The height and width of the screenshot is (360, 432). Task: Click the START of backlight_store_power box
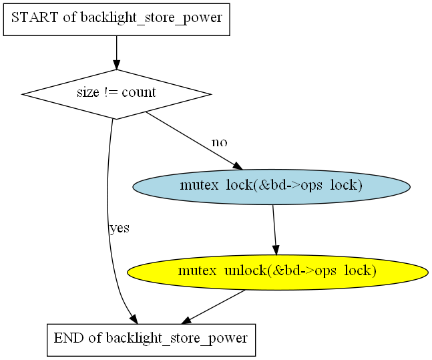tap(117, 19)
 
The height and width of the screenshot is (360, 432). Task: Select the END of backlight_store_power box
tap(152, 340)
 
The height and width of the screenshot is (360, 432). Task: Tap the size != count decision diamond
tap(117, 94)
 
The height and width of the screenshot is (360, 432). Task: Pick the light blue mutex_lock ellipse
tap(272, 187)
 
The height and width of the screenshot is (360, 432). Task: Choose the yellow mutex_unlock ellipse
tap(278, 273)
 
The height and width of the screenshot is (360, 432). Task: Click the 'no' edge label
tap(220, 142)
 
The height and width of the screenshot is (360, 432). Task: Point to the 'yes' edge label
tap(120, 228)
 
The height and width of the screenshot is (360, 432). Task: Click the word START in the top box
tap(35, 17)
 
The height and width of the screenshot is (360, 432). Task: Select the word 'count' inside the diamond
tap(139, 92)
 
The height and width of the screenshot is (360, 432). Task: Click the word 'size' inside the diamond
tap(88, 92)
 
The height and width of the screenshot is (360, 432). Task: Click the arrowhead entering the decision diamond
tap(117, 65)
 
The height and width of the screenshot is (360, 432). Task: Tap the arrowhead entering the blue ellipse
tap(238, 166)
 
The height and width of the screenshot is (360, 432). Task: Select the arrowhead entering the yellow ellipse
tap(276, 250)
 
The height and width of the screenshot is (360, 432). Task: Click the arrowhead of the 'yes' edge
tap(134, 319)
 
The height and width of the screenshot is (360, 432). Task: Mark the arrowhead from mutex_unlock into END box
tap(186, 321)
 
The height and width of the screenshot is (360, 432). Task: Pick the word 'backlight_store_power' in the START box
tap(152, 18)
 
